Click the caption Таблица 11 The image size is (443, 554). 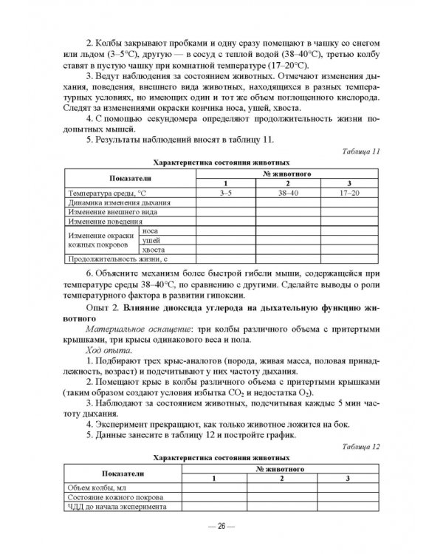tap(361, 151)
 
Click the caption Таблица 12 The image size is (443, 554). tap(361, 447)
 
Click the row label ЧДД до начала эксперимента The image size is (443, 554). tap(117, 507)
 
